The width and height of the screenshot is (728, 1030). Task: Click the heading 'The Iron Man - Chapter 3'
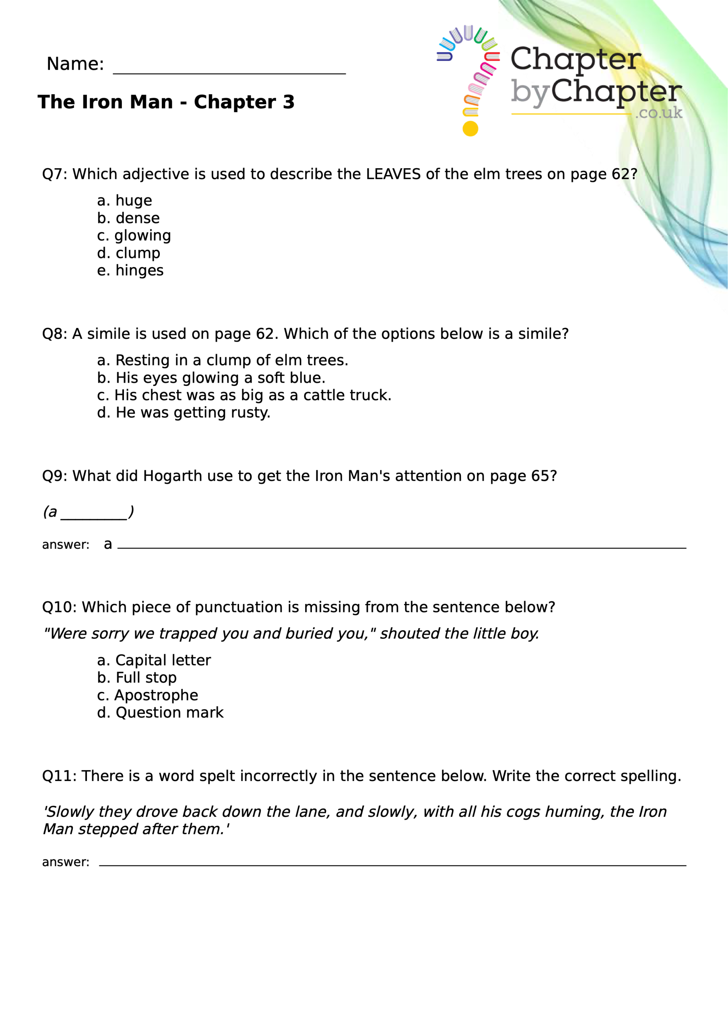[166, 102]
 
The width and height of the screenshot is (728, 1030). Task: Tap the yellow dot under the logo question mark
[470, 129]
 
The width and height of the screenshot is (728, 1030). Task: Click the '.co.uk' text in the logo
[658, 113]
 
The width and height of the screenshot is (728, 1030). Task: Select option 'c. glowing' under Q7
[134, 235]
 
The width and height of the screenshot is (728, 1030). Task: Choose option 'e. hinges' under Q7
[130, 270]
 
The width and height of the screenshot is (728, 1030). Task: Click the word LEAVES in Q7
[393, 174]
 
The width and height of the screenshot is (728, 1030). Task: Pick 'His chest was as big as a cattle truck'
[244, 395]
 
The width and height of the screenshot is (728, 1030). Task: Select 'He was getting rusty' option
[184, 413]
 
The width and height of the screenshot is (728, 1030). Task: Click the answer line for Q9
[401, 546]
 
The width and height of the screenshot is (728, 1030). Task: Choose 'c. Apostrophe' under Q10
[147, 695]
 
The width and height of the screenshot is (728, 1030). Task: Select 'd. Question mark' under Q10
[160, 713]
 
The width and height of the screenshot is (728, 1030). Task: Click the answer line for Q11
[392, 863]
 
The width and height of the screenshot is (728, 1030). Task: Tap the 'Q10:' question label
[59, 608]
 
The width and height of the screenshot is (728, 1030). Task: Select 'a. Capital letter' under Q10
[153, 660]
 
